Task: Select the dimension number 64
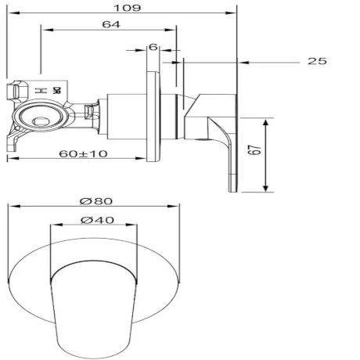(x=110, y=25)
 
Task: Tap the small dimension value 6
(x=153, y=47)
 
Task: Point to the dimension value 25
(x=316, y=61)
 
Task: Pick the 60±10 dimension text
(x=83, y=153)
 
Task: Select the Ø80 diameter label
(x=94, y=200)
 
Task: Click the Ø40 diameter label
(x=95, y=220)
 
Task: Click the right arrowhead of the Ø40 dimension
(x=138, y=226)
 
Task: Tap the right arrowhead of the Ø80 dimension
(x=179, y=207)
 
